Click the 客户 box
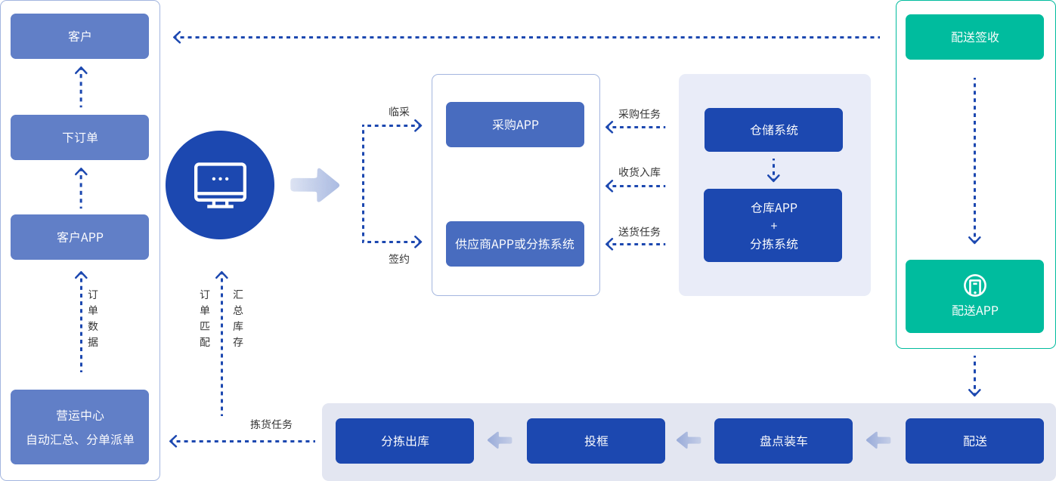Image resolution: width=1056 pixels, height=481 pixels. (x=79, y=36)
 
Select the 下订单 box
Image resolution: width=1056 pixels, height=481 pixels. (x=79, y=137)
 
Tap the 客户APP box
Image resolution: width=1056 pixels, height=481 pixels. (x=79, y=237)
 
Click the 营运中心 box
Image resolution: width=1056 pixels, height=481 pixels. (x=79, y=427)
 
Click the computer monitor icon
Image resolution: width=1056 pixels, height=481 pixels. (x=220, y=184)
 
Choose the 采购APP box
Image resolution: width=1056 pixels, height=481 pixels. (x=515, y=125)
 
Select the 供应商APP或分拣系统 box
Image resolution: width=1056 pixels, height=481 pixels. (x=515, y=244)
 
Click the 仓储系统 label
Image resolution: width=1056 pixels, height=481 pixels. (x=774, y=130)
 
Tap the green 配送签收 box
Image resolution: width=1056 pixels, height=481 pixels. (x=974, y=36)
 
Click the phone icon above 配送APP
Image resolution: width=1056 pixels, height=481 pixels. (x=974, y=286)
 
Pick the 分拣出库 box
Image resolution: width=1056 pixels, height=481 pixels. (x=404, y=441)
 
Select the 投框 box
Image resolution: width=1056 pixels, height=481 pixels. (x=596, y=441)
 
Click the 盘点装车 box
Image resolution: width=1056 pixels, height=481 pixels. (x=783, y=441)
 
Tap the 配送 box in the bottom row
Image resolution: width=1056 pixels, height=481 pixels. (x=974, y=441)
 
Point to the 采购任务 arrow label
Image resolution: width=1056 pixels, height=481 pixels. (x=639, y=114)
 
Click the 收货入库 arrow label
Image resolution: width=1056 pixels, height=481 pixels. (x=639, y=172)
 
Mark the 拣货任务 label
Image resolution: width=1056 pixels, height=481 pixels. (x=271, y=424)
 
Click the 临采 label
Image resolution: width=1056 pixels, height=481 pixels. (x=399, y=112)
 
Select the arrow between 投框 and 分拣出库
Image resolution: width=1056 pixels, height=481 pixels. (x=500, y=440)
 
